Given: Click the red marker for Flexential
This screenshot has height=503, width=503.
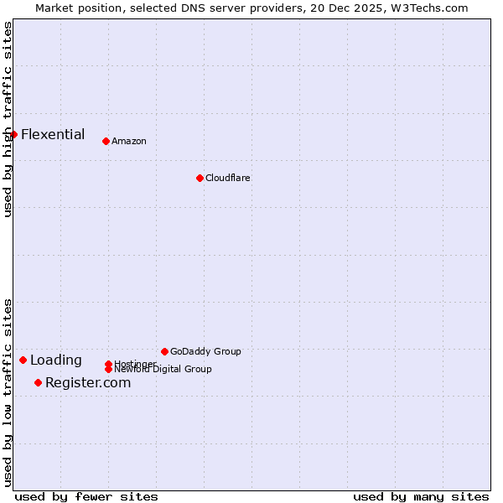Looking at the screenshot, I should coord(13,134).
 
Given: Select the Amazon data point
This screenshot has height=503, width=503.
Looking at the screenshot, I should coord(106,141).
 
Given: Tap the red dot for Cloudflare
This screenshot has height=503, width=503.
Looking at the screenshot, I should coord(200,178).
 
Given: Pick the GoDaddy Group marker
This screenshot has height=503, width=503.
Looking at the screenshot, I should coord(164,351).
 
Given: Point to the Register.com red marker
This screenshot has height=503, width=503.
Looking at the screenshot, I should coord(38,383).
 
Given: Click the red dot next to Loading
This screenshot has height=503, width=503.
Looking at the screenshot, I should coord(23,360).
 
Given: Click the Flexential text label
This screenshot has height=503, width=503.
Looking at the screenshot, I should coord(53,134).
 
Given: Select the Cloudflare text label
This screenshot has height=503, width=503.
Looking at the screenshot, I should coord(228,178).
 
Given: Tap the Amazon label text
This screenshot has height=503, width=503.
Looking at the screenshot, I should coord(129,141).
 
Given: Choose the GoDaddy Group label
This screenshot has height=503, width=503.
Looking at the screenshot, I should coord(205,351).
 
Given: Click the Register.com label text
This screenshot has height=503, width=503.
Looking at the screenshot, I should coord(88,383).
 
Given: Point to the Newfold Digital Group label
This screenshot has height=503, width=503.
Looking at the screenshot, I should coord(163,369).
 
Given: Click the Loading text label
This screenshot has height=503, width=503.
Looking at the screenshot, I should coord(56,360).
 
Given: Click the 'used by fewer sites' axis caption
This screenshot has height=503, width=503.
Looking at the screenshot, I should coord(86,496).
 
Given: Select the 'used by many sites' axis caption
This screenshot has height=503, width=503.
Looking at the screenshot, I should coord(421,496).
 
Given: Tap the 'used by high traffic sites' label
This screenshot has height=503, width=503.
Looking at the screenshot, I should coord(8,119).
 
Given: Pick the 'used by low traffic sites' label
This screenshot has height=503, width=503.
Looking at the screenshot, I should coord(8,392).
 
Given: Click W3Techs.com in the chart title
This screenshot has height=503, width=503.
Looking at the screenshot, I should coord(428,8).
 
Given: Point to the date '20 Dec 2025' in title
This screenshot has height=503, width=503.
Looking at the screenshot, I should coord(352,8).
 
